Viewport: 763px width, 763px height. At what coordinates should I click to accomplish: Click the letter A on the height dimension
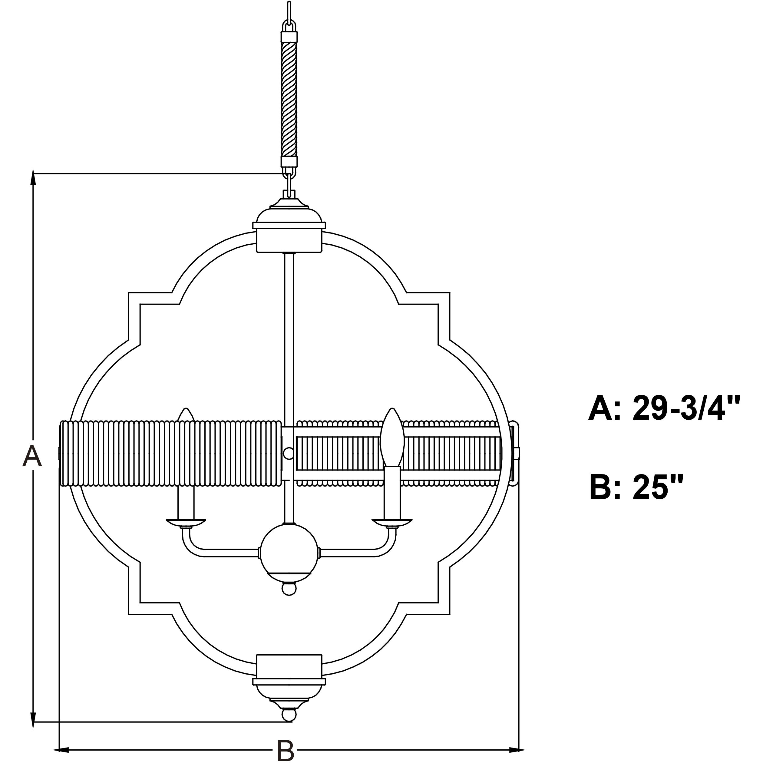click(x=32, y=456)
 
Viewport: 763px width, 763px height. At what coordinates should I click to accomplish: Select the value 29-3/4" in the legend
click(x=685, y=409)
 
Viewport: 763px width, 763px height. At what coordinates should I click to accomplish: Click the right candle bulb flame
click(x=392, y=438)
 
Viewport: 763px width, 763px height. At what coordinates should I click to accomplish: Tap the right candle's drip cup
click(x=393, y=523)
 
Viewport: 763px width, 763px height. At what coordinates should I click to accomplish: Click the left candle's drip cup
click(x=186, y=523)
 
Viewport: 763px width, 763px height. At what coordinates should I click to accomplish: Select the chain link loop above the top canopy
click(x=289, y=184)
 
